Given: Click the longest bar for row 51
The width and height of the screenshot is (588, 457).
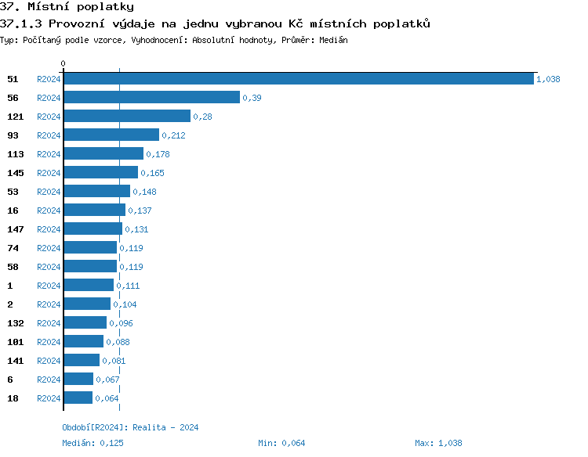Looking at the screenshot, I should [299, 78].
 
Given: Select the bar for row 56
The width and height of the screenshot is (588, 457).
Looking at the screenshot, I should [151, 97].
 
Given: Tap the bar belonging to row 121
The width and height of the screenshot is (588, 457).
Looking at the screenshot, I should [127, 116].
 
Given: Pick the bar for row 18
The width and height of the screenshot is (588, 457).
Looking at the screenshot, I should [78, 398].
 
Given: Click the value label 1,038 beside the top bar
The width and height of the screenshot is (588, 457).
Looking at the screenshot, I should [548, 79].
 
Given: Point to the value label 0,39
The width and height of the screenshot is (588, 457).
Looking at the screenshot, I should [252, 98].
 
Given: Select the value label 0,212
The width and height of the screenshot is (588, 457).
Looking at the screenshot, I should [173, 135].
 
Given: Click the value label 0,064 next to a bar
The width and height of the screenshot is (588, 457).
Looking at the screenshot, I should [107, 398].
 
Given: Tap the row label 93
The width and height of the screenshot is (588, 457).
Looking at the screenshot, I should [13, 135].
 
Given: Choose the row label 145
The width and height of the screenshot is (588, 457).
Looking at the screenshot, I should [16, 173].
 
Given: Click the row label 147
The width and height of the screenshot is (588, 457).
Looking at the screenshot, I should [16, 229].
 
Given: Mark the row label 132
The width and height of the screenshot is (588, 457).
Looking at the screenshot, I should [16, 323].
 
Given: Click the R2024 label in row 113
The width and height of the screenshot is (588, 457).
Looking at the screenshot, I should [49, 154].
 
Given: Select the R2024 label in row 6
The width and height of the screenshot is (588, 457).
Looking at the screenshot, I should [49, 380].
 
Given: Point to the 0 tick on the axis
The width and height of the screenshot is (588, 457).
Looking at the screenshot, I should [64, 63].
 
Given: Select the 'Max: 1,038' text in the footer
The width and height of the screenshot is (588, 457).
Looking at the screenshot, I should [438, 443].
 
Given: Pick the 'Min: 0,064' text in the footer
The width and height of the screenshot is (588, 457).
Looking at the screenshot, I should [281, 443].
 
